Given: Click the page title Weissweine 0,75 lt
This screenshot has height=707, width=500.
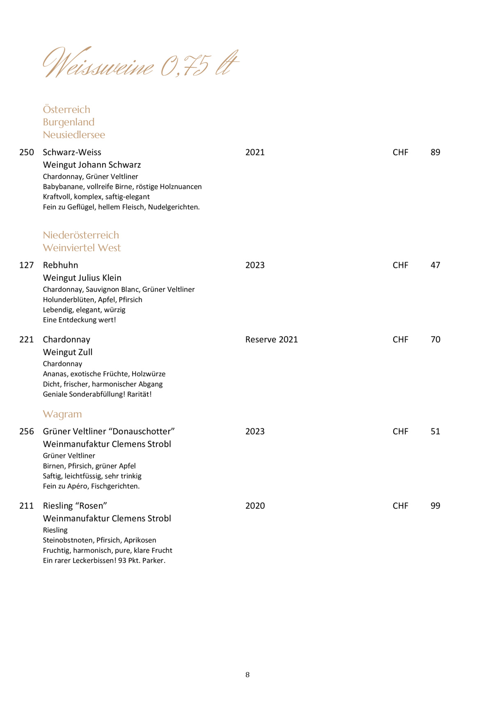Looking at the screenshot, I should click(140, 63).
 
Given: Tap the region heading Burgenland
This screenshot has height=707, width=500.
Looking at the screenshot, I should click(69, 122).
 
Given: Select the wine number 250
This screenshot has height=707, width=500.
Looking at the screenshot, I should click(27, 152).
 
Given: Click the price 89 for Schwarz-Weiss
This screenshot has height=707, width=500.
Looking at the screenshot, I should click(435, 152).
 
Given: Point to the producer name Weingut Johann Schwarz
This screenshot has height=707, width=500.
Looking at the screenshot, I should click(92, 165).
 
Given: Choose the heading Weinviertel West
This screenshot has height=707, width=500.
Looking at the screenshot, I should click(82, 248).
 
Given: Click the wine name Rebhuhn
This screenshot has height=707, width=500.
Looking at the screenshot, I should click(60, 265).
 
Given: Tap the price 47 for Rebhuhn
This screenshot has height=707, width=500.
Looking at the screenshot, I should click(435, 265).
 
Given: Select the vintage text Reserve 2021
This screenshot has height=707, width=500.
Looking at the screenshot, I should click(271, 339).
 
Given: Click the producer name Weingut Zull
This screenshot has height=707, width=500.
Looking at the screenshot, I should click(68, 352).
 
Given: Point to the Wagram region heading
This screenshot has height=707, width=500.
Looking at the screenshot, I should click(62, 414).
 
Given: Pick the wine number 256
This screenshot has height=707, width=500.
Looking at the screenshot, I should click(27, 431).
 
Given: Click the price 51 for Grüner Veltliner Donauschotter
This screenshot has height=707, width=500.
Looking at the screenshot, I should click(435, 431).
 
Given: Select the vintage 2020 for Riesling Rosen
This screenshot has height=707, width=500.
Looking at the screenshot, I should click(255, 506).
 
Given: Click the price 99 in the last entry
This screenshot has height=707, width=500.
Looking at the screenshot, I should click(435, 506).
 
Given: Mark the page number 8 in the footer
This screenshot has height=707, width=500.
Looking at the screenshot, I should click(248, 675).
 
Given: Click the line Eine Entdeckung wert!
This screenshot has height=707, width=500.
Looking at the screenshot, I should click(79, 320).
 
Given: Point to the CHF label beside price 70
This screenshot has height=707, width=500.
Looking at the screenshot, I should click(400, 339).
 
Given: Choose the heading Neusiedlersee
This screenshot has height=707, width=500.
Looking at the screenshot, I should click(74, 135).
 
